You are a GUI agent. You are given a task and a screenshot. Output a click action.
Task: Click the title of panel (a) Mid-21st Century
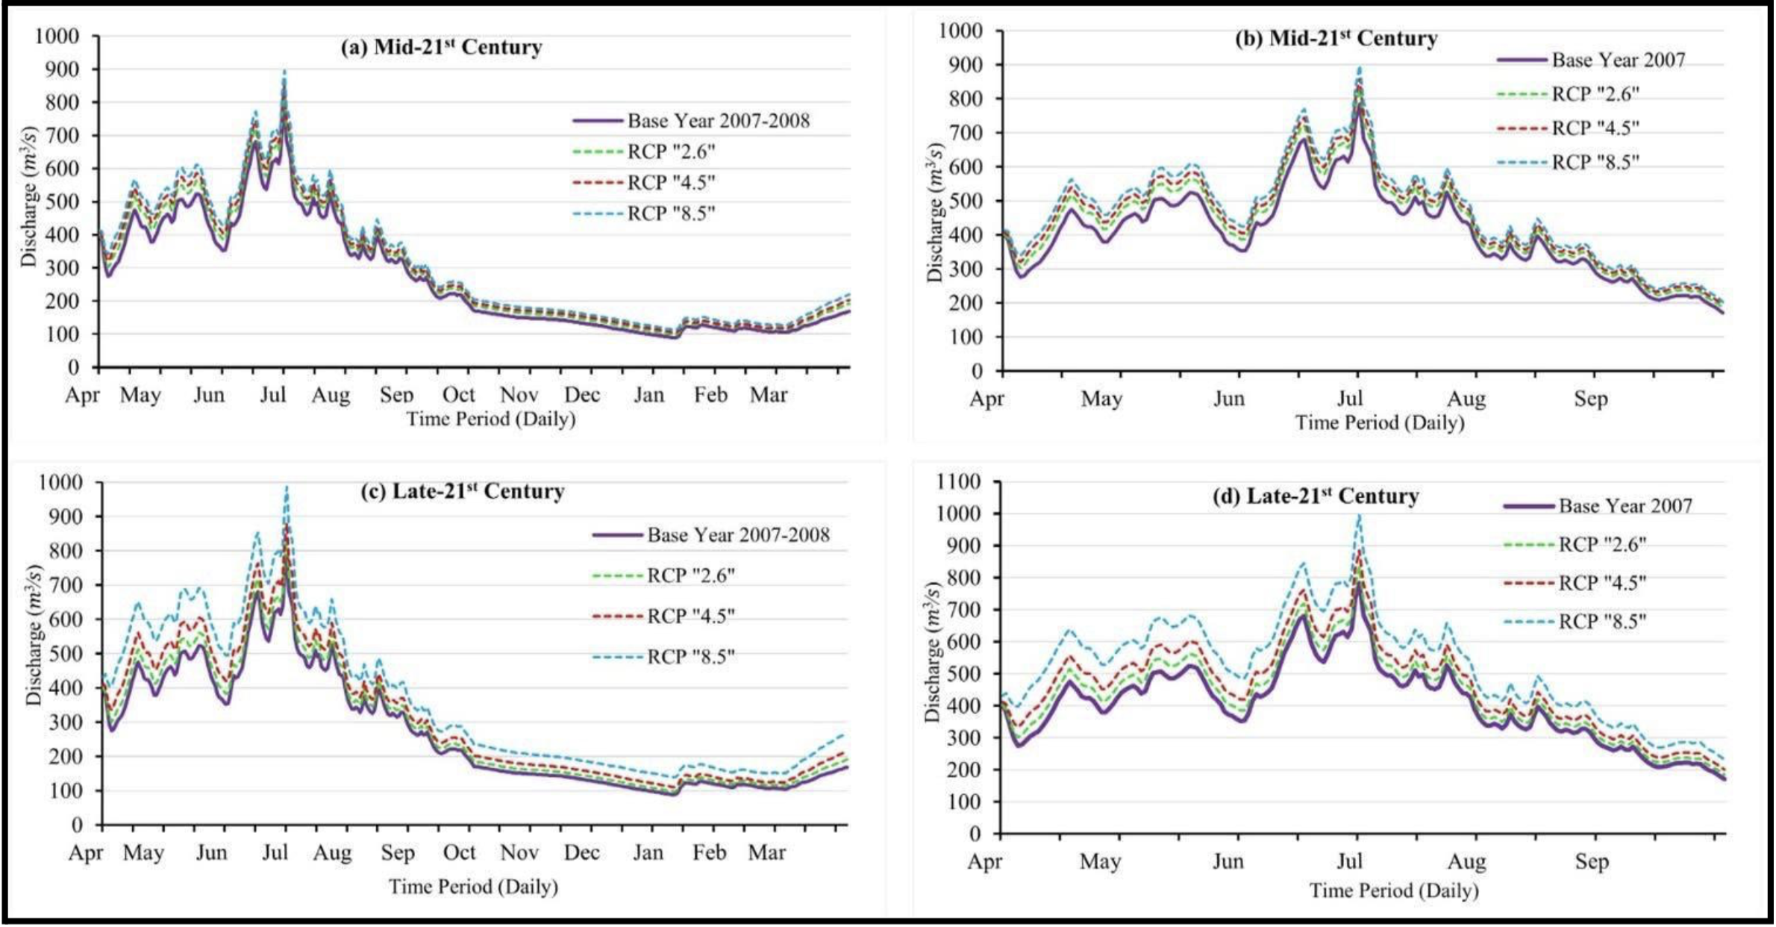[441, 48]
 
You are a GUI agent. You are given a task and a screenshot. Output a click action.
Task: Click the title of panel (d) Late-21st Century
[1316, 496]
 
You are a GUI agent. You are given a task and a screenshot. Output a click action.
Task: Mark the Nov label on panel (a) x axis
[519, 395]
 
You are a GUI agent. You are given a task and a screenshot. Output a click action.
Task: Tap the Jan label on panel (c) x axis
[648, 852]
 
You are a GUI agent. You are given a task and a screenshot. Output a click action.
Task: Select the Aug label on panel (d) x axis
[1467, 862]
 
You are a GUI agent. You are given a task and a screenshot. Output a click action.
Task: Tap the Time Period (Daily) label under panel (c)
[473, 887]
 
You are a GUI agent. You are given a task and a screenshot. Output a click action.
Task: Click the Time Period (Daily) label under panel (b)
[1380, 423]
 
